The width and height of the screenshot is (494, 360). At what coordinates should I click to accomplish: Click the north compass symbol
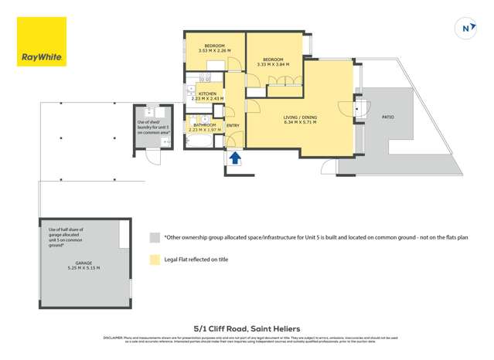(x=466, y=28)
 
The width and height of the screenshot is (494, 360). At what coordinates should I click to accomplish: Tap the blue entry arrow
(x=235, y=157)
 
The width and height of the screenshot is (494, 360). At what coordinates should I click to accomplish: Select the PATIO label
(x=387, y=117)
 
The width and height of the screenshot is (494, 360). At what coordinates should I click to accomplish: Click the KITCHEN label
(x=207, y=93)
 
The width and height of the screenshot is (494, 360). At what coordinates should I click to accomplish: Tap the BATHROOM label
(x=205, y=124)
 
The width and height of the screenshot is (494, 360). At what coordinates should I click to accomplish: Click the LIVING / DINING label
(x=301, y=117)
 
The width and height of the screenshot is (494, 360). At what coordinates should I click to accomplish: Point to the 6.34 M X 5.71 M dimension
(x=301, y=122)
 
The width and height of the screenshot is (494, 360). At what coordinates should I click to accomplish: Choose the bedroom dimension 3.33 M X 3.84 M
(x=273, y=64)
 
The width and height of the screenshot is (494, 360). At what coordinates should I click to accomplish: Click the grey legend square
(x=155, y=238)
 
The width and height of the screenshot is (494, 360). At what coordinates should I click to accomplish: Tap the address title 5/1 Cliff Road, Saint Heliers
(x=247, y=327)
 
